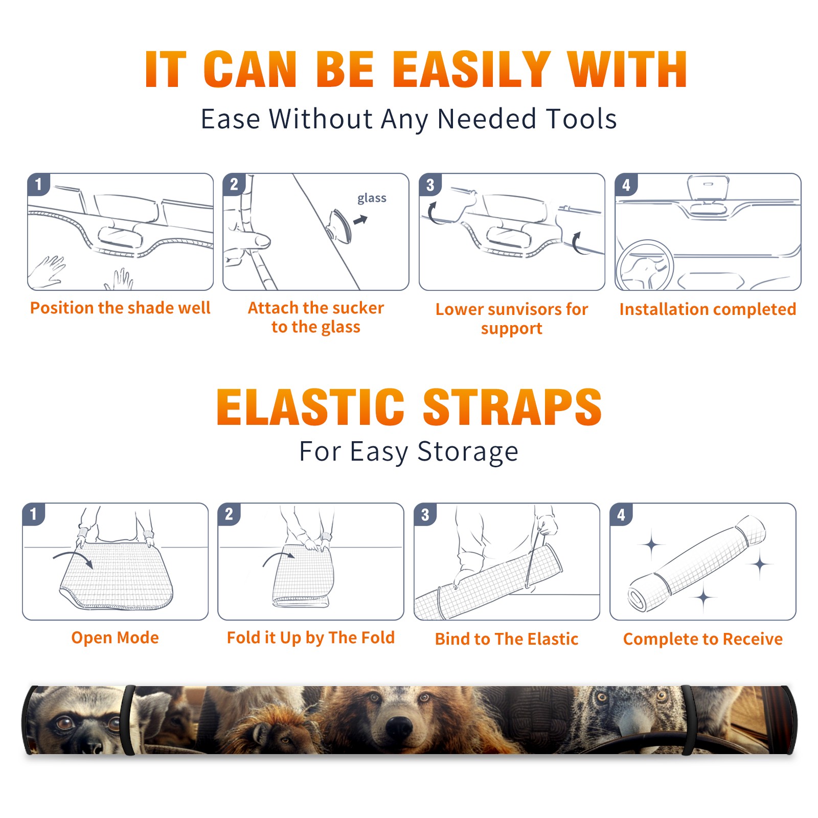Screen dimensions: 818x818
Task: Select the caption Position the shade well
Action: click(120, 308)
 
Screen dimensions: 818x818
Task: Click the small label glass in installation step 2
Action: click(372, 198)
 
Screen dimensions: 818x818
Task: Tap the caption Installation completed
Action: click(708, 309)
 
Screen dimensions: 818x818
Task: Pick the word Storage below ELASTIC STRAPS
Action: click(468, 452)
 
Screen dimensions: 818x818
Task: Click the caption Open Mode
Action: click(115, 638)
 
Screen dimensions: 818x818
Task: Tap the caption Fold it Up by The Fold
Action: click(311, 638)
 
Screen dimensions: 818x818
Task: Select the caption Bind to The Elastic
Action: click(507, 639)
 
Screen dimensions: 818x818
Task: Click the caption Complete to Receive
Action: click(703, 639)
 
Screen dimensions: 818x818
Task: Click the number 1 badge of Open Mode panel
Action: click(34, 514)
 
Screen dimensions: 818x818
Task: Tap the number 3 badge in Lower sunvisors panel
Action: click(430, 185)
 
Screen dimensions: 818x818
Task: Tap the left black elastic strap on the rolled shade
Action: click(127, 720)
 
